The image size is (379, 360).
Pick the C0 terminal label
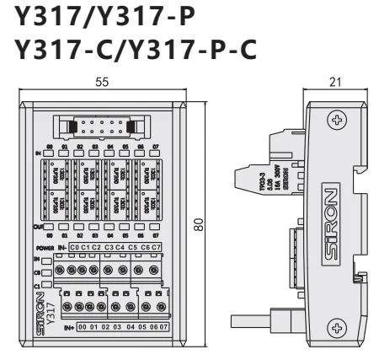coord(76,246)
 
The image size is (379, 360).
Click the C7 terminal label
coord(156,246)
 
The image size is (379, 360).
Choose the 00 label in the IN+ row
coord(83,325)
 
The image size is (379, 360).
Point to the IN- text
coord(61,246)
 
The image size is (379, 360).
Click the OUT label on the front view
coord(38,226)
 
